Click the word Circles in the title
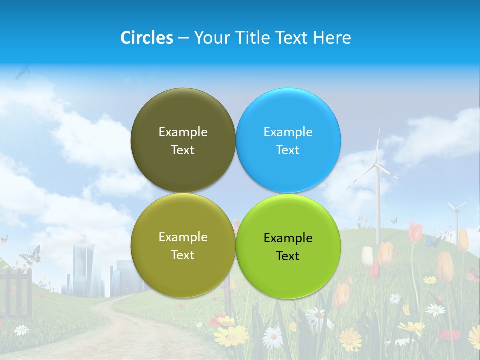coord(147,37)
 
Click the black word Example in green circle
coord(288,238)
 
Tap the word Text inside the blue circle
coord(288,150)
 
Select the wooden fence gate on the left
coord(17,292)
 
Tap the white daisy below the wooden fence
coord(21,330)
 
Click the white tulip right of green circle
coord(367,256)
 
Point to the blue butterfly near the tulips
coord(433,242)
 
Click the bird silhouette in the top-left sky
coord(22,74)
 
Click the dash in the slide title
coord(183,38)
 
